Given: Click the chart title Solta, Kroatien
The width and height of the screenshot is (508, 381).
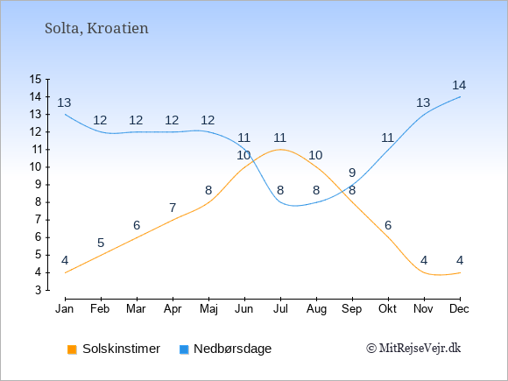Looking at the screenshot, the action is (x=96, y=29).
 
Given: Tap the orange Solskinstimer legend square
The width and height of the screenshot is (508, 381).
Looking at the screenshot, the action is (x=72, y=349).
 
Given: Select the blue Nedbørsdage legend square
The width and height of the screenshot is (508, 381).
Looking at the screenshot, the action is (x=184, y=349).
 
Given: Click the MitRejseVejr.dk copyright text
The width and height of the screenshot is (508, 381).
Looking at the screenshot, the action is (x=413, y=349).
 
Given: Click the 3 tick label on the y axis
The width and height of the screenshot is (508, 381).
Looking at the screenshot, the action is (x=39, y=290).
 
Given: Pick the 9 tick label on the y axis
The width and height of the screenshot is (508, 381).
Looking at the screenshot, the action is (x=39, y=185).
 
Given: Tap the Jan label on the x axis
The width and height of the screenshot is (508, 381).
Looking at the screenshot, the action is (x=65, y=309).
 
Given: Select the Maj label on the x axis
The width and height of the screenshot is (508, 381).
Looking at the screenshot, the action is (x=208, y=309).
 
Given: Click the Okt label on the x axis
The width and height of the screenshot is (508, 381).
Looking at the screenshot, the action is (x=387, y=309).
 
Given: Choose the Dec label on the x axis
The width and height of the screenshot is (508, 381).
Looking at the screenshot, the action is (x=459, y=309).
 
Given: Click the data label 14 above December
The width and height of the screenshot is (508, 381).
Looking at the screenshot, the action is (x=459, y=85).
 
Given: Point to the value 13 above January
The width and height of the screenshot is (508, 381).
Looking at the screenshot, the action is (x=64, y=102).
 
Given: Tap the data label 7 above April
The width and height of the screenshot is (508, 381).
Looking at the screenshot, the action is (x=173, y=208).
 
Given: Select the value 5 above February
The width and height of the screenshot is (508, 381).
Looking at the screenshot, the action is (x=101, y=243).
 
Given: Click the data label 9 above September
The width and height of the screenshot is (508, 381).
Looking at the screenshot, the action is (x=352, y=173).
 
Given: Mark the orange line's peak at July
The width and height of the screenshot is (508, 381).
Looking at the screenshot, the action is (x=280, y=150).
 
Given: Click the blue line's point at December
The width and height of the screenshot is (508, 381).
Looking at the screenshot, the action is (x=460, y=97).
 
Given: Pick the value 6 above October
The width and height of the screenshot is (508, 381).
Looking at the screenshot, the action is (x=388, y=225).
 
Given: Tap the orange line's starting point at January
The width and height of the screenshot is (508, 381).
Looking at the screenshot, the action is (x=66, y=272).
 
